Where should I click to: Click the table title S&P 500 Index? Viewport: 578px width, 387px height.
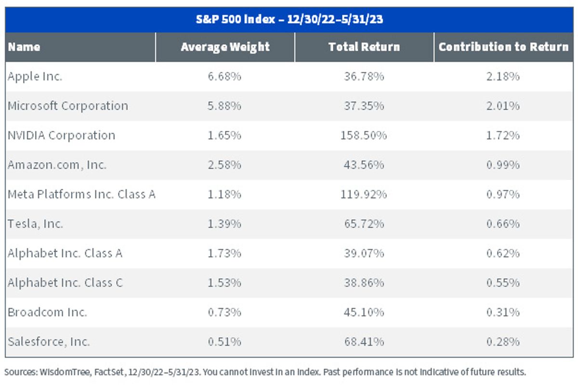(x=235, y=19)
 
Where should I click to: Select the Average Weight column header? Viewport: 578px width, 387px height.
(x=225, y=47)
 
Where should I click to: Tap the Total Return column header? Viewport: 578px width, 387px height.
(x=364, y=47)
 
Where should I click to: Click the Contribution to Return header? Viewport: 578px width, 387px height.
(x=503, y=47)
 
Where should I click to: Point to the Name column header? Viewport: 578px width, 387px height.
(x=24, y=47)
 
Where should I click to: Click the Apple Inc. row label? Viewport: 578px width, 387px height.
(x=35, y=77)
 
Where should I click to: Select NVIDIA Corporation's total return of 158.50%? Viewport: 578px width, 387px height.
(x=364, y=135)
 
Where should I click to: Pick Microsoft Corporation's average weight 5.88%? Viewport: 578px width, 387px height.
(x=224, y=106)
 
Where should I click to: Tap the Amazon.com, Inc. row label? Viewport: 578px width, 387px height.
(x=57, y=165)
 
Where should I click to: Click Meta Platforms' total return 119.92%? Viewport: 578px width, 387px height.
(x=364, y=194)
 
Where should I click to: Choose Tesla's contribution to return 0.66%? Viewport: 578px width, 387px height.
(x=503, y=224)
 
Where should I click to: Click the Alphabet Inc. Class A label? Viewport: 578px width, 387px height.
(x=65, y=253)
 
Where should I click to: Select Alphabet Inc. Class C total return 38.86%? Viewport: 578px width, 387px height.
(x=364, y=283)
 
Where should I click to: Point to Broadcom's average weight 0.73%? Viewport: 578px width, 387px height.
(x=224, y=312)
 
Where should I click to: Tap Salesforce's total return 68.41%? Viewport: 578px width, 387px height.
(x=364, y=342)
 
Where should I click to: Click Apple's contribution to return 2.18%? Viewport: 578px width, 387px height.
(x=503, y=77)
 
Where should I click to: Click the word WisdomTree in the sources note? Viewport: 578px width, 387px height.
(x=65, y=372)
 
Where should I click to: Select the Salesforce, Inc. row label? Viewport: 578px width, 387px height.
(x=49, y=342)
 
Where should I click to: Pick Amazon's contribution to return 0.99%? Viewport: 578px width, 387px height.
(x=503, y=165)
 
